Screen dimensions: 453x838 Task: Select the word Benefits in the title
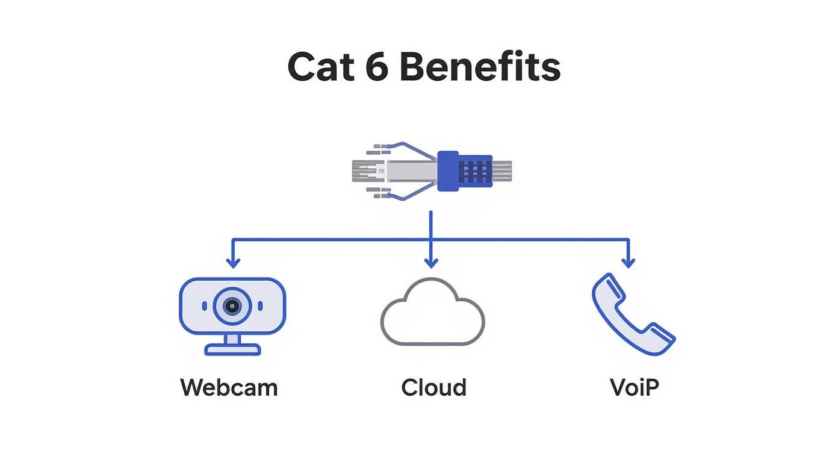point(480,67)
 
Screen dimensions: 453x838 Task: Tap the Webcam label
point(229,387)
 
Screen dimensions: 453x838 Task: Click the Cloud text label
point(433,387)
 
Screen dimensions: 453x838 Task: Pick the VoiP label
point(634,387)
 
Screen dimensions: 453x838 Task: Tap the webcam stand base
point(232,349)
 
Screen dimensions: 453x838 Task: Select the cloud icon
point(432,313)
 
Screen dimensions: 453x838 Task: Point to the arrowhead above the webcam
point(233,263)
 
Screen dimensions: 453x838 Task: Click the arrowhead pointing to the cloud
point(430,263)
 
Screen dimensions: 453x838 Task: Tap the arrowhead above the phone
point(628,263)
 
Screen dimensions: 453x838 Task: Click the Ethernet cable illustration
point(430,171)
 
